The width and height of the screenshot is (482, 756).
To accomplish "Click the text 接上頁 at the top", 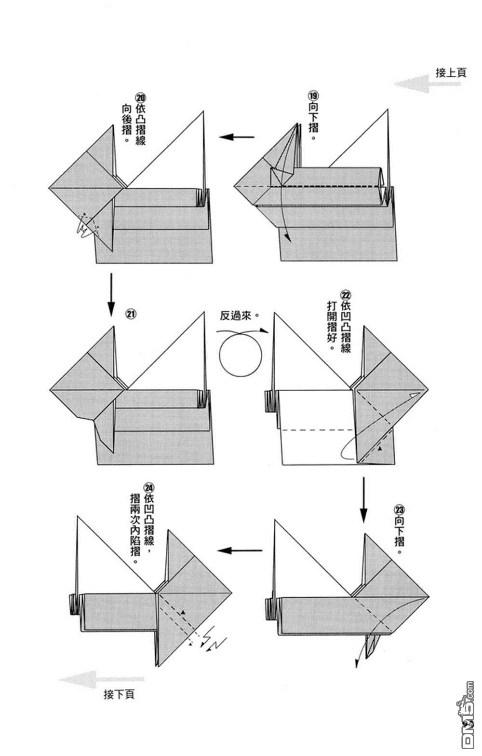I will point(451,73).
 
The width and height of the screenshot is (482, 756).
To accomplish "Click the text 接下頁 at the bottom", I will point(119,694).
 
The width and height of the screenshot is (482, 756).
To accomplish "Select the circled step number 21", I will point(131,314).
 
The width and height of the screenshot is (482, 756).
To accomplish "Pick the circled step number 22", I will point(346,295).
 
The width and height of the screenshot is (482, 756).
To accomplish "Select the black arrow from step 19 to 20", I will point(237,137).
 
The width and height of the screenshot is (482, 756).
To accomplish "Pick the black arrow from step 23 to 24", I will point(240,550).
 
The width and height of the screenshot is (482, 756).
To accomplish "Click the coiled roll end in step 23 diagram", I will point(270,609).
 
